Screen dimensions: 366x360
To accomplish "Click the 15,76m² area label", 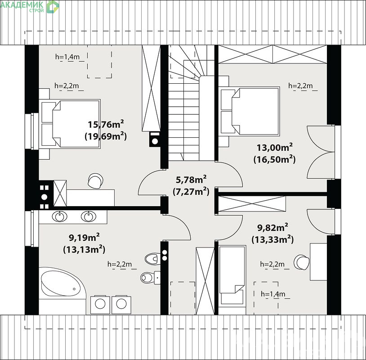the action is [x=106, y=124].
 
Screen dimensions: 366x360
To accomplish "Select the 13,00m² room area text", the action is [x=274, y=148].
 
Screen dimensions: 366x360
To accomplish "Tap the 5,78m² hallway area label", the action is [x=191, y=180].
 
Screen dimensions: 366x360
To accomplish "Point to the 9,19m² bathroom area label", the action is [x=84, y=238].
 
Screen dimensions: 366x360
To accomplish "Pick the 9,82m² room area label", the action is [x=272, y=228].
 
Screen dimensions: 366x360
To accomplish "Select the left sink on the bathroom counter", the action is [x=59, y=216].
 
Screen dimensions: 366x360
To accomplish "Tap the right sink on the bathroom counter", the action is [x=89, y=216].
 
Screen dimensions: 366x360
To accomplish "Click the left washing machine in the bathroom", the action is [x=100, y=305].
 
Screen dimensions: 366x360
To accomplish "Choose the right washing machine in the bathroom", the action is [x=121, y=305].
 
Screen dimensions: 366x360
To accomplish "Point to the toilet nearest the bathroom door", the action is [x=152, y=259].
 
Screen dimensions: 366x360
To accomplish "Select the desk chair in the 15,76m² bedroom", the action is [x=95, y=180].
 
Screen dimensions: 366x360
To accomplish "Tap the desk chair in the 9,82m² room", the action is [x=301, y=262].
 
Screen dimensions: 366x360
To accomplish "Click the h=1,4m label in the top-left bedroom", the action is [x=67, y=57].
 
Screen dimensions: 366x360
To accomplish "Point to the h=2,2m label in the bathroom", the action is [x=120, y=264].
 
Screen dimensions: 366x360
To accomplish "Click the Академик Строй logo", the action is [x=30, y=7].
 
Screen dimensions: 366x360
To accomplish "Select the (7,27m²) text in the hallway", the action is [x=191, y=192].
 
